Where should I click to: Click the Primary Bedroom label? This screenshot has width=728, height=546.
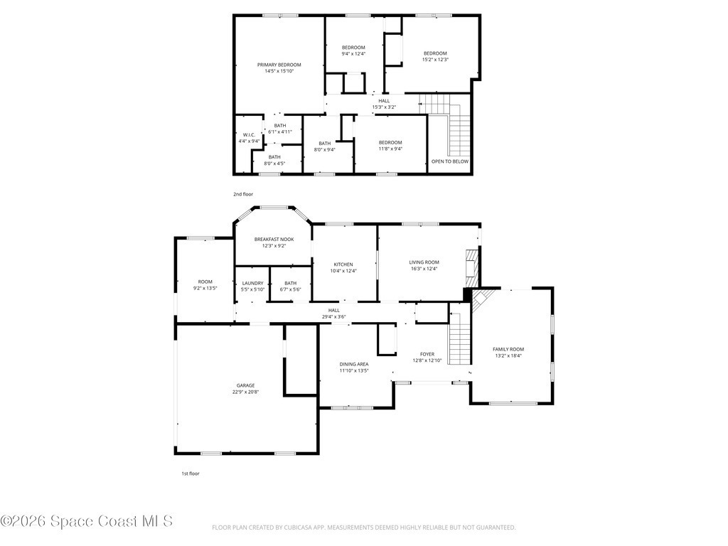279,65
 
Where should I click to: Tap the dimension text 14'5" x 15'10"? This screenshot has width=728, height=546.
279,71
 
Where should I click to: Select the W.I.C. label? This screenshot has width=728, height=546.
249,134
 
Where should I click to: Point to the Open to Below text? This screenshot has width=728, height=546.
450,161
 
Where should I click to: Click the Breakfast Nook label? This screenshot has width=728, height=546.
274,240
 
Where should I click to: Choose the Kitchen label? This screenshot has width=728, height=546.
343,264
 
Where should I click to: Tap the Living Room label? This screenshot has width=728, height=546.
424,262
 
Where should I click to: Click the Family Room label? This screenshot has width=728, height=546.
508,350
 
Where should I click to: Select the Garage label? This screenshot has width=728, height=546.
245,385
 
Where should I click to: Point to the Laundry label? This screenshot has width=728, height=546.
252,283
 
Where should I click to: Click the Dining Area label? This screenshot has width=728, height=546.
354,365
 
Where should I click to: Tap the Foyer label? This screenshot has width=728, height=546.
427,354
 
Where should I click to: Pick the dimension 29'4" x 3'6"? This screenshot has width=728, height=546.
334,317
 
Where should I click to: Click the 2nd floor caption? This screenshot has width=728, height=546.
243,195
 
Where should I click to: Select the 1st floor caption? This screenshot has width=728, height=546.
191,473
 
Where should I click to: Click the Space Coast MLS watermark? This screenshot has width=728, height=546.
87,521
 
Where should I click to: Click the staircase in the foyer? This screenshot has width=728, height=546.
460,334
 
